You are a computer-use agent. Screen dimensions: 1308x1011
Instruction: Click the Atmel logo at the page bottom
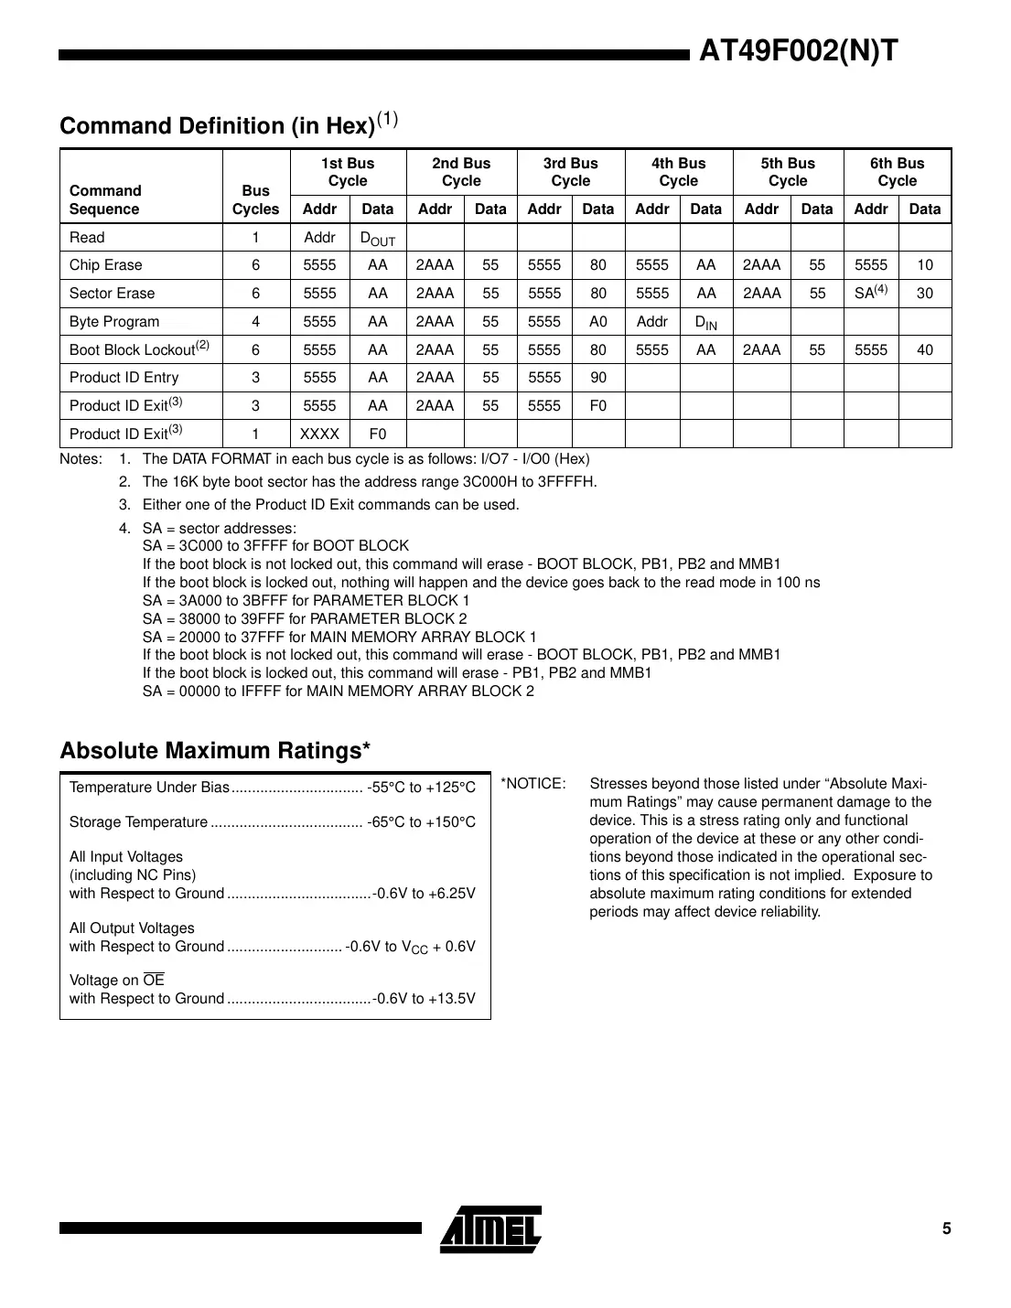point(490,1228)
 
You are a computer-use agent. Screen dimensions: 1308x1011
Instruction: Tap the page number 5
point(947,1228)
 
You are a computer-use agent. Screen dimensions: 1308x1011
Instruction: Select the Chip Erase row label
point(106,265)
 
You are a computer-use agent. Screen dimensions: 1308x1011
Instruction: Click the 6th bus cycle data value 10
point(925,265)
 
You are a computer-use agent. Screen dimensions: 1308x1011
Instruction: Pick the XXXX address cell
point(319,434)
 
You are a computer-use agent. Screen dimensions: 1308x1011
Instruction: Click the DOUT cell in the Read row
point(377,238)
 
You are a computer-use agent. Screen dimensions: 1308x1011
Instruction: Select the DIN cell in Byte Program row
point(705,322)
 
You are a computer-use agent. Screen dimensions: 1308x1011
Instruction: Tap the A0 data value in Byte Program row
point(597,322)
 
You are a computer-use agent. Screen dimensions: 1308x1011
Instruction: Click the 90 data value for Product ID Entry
point(597,378)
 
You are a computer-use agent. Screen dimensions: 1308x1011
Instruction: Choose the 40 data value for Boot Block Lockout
point(925,349)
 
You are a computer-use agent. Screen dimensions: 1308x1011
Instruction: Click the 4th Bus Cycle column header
point(678,172)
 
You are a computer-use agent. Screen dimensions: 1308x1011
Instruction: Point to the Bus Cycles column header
point(255,199)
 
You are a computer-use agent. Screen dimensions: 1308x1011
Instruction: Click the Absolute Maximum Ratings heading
point(215,751)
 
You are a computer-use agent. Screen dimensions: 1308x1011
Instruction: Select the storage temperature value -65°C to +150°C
point(421,822)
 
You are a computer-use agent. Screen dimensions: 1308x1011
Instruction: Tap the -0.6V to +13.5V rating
point(425,999)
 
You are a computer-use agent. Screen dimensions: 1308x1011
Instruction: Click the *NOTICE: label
point(533,784)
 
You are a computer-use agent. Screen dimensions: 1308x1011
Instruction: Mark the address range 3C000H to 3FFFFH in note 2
point(520,482)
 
